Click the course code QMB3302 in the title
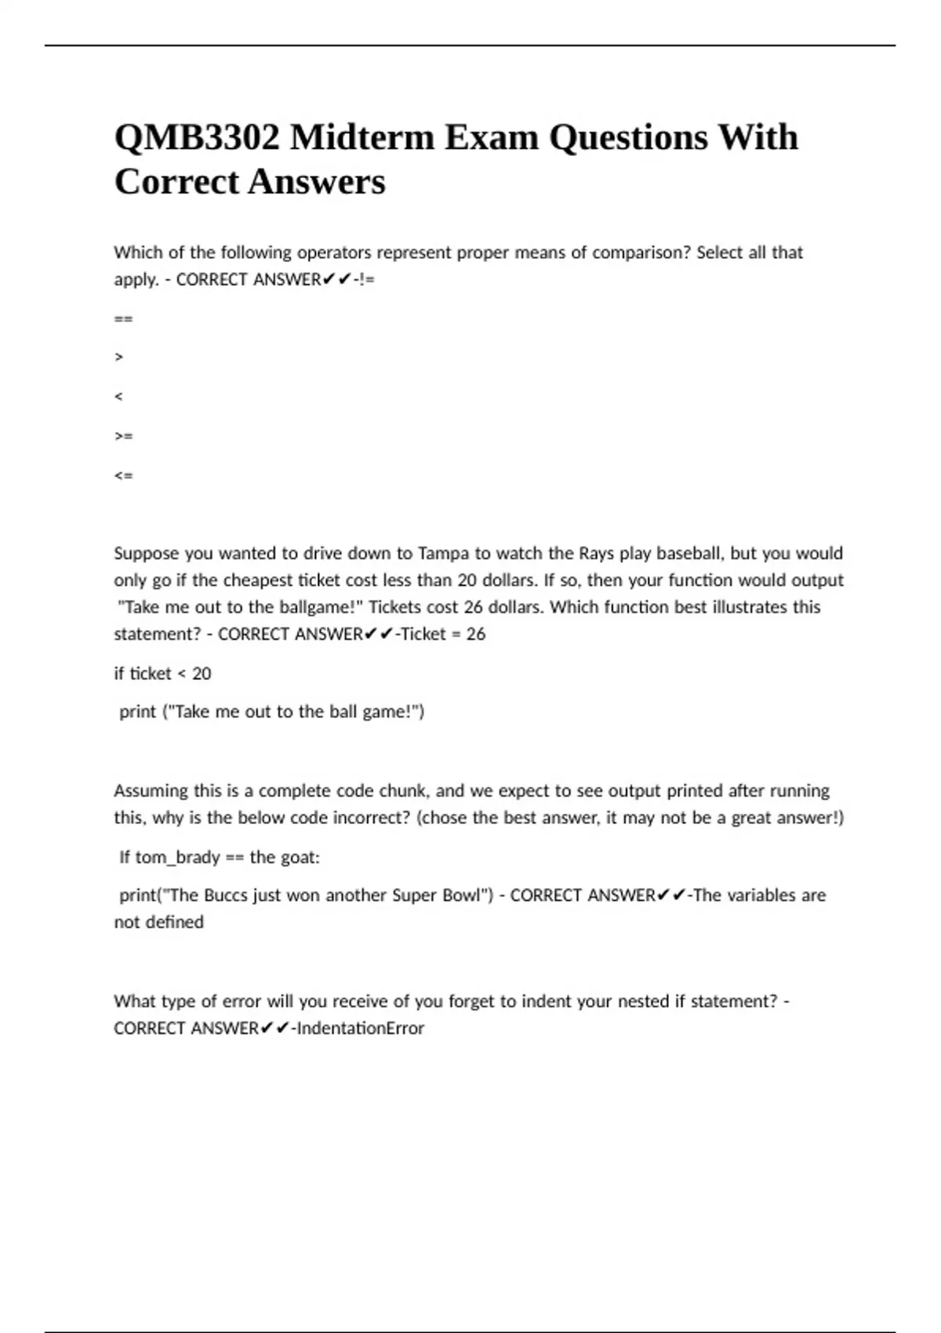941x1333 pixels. [196, 138]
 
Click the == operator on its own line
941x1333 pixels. [123, 318]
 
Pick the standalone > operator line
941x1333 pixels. [118, 358]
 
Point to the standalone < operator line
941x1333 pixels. [118, 397]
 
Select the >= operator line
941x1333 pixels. [123, 436]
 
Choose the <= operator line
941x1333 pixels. [123, 475]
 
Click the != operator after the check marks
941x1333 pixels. [366, 280]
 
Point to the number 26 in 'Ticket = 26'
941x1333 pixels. [476, 634]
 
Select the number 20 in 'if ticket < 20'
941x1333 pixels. [202, 674]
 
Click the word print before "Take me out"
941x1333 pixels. [137, 712]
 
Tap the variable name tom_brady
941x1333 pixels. [177, 857]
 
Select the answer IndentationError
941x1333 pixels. [360, 1028]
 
